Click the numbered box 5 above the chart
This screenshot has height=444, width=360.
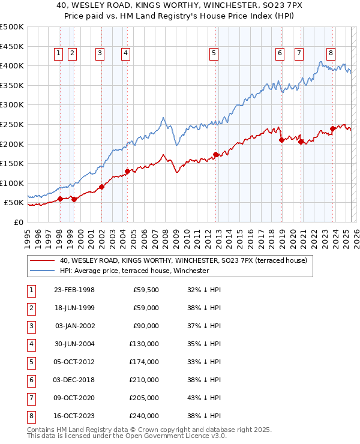(x=214, y=53)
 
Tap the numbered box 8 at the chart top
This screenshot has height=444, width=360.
(x=331, y=53)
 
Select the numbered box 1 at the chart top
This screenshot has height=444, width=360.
(x=59, y=53)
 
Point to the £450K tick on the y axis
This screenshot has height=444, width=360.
(x=12, y=46)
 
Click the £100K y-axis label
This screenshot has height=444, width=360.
(x=12, y=183)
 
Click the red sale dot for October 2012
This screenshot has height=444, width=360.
(x=215, y=154)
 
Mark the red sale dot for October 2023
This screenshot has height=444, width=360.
(x=332, y=128)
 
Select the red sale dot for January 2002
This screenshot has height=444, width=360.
(x=101, y=187)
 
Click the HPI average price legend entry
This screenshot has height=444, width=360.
(x=134, y=271)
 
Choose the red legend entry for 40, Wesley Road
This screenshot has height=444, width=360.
(x=183, y=260)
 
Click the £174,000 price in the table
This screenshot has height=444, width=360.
(x=143, y=362)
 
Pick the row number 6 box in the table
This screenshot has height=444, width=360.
(x=30, y=380)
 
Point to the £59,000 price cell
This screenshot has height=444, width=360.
(x=145, y=308)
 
